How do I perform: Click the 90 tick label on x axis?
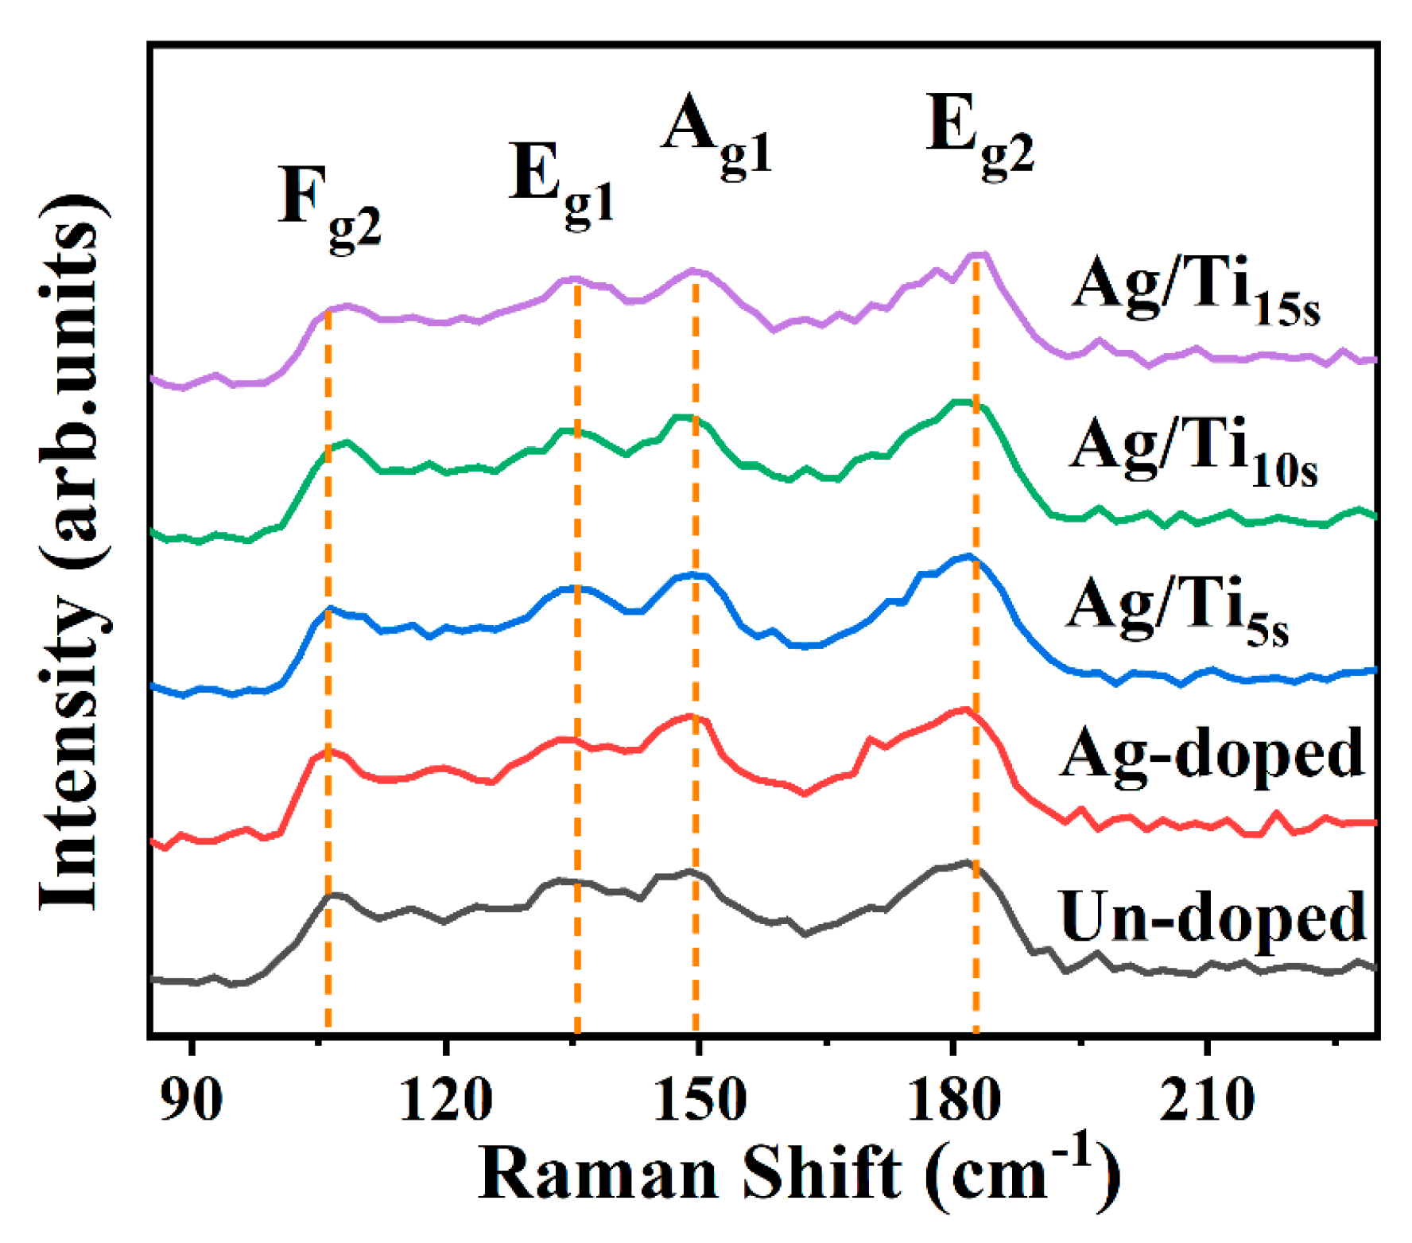191,1101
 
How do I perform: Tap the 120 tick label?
445,1101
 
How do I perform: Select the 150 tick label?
699,1101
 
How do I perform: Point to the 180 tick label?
953,1101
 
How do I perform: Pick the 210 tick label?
1207,1101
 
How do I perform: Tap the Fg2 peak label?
328,207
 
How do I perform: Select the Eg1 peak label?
561,183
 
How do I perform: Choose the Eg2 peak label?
980,135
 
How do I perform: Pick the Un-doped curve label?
1212,916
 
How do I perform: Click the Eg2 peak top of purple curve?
979,254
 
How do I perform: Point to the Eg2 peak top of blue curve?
968,556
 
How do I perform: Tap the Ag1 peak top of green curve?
682,416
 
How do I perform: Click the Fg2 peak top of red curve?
330,749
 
